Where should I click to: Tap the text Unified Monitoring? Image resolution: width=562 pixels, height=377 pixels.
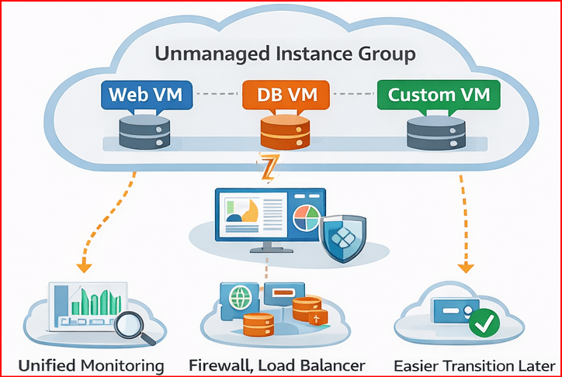(92, 365)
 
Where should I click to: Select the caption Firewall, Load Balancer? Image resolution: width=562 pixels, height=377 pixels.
(277, 365)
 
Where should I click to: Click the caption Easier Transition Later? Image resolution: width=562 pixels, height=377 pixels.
(474, 365)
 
